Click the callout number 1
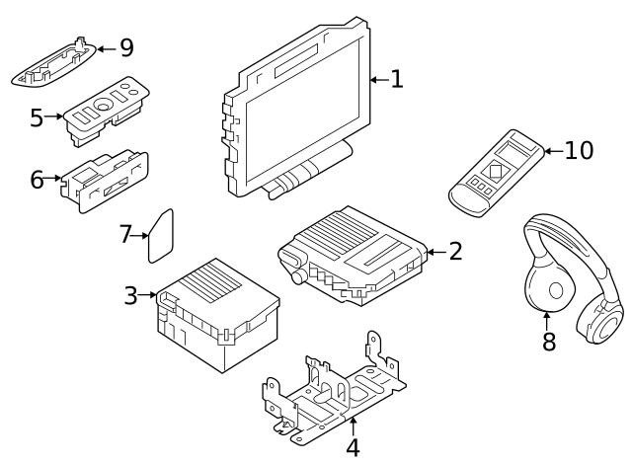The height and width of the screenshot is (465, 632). click(397, 79)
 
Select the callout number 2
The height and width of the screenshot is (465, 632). click(455, 251)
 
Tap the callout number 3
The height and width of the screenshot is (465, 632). click(131, 295)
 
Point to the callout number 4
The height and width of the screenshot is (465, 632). click(354, 447)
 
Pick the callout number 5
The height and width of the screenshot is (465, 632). click(37, 117)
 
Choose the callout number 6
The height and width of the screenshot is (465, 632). click(38, 180)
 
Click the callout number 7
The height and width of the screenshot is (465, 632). click(125, 234)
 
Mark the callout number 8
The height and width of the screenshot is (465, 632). click(549, 342)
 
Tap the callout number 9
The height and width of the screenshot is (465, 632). click(127, 47)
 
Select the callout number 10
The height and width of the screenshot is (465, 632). click(579, 150)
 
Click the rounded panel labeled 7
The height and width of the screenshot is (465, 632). click(161, 236)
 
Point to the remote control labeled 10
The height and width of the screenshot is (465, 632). click(496, 173)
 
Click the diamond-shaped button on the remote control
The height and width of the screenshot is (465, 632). click(496, 169)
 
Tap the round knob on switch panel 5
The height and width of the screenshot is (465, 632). click(103, 106)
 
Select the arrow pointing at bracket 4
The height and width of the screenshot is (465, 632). click(354, 426)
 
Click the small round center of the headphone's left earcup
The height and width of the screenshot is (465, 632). click(556, 290)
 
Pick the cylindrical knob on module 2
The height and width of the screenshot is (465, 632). click(298, 276)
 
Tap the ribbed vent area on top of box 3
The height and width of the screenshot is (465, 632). click(211, 281)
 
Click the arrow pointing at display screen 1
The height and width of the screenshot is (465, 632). click(379, 80)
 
